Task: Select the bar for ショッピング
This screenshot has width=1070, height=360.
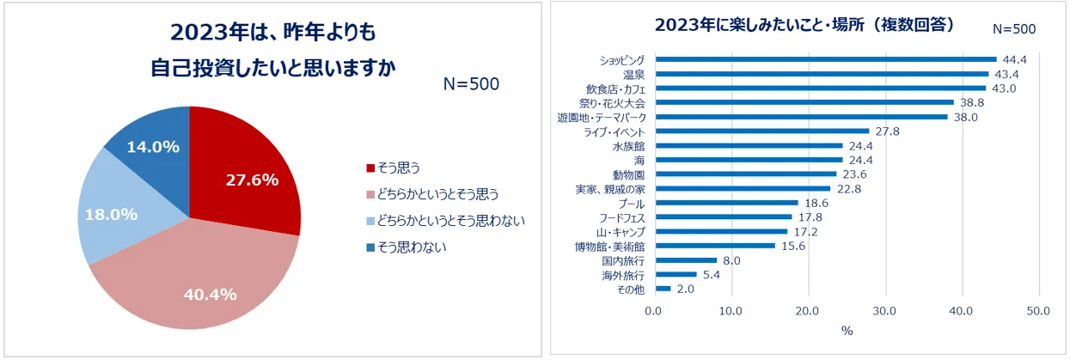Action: (825, 59)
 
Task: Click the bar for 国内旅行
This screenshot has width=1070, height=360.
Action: (685, 260)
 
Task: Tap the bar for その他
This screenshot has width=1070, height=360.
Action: (662, 290)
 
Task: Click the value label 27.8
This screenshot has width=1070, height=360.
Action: (888, 131)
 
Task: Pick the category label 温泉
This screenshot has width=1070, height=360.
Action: (633, 74)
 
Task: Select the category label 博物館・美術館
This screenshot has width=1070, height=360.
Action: (611, 247)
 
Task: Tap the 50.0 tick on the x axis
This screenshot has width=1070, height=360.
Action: (1038, 310)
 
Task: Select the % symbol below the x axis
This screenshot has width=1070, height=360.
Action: (847, 330)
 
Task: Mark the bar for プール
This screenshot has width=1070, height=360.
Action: (725, 203)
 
